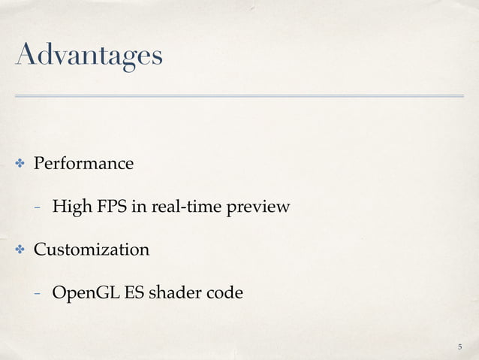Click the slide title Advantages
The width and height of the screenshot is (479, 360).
[86, 56]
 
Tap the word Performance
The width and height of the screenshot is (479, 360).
[82, 163]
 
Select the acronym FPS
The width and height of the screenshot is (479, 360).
[110, 206]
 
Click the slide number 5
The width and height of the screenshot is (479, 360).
[459, 346]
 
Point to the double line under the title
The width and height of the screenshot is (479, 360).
[239, 96]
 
